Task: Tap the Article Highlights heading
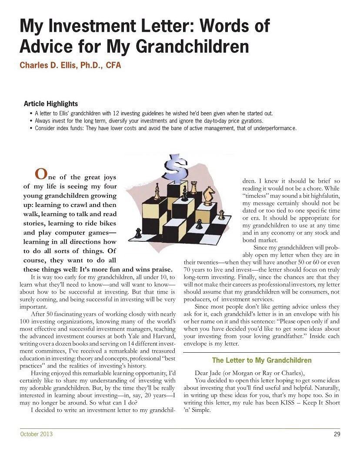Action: click(51, 104)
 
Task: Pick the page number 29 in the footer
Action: click(337, 434)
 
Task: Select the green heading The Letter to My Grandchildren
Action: click(262, 360)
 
